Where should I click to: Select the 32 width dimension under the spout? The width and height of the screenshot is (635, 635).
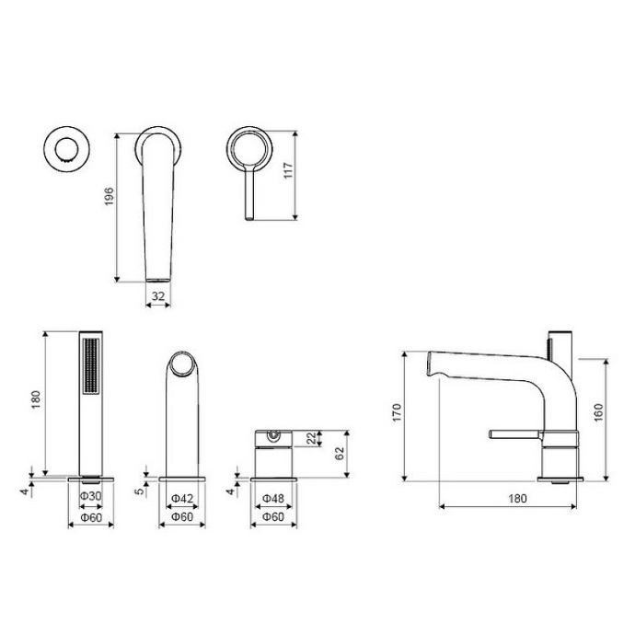coord(159,296)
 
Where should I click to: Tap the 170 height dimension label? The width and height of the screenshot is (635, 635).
coord(396,413)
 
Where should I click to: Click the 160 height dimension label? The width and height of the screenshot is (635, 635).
coord(598,413)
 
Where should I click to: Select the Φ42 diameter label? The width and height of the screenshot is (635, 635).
coord(181,498)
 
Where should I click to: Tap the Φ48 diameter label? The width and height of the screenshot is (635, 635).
coord(272,498)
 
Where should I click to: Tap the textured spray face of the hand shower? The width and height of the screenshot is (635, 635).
coord(90,379)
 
